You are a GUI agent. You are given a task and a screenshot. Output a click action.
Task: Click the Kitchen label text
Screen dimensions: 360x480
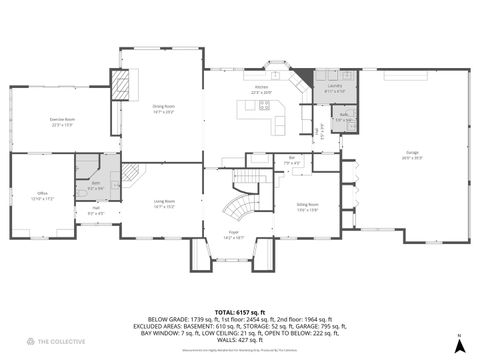262,89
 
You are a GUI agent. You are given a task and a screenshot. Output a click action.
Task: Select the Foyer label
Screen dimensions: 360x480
234,235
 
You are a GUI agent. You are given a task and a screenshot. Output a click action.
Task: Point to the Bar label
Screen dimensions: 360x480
291,159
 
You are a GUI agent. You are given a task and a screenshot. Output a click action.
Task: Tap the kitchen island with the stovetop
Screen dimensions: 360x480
258,108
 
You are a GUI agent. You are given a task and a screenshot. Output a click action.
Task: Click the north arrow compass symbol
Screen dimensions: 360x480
458,344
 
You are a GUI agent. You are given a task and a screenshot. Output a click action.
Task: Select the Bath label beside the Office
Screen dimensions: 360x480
96,184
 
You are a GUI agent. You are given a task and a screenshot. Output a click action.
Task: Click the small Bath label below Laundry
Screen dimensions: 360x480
343,117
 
